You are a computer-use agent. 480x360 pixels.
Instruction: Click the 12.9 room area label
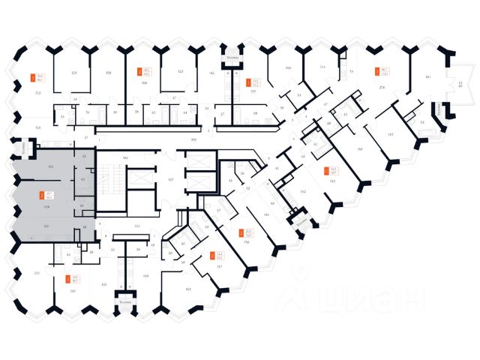pos(73,73)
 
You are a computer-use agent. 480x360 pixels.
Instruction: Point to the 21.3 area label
pos(37,92)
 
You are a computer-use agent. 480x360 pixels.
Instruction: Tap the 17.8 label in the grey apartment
pos(47,205)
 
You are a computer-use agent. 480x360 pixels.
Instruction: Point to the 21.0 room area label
pos(37,273)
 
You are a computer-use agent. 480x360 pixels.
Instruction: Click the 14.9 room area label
pos(145,276)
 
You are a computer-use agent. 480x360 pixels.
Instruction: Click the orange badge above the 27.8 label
pos(378,73)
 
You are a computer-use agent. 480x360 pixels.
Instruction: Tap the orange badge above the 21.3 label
pos(32,76)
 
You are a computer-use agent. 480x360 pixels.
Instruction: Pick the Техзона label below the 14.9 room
pos(124,301)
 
